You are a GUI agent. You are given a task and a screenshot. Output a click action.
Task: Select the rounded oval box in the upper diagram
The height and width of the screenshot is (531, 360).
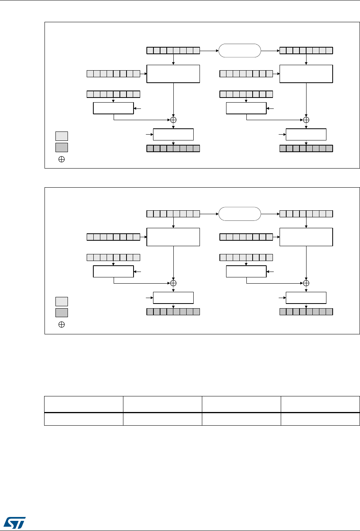pyautogui.click(x=239, y=51)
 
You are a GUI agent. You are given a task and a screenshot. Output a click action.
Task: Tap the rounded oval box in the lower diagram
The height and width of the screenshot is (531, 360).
pyautogui.click(x=239, y=214)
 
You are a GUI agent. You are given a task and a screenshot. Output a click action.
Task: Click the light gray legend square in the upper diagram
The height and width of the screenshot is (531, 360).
pyautogui.click(x=61, y=136)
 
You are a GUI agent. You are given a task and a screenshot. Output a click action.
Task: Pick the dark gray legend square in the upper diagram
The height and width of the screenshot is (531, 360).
pyautogui.click(x=61, y=147)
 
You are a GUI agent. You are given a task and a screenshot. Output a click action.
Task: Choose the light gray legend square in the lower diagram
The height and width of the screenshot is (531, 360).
pyautogui.click(x=61, y=301)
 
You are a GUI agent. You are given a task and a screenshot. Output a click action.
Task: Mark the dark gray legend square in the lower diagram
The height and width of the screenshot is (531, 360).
pyautogui.click(x=61, y=313)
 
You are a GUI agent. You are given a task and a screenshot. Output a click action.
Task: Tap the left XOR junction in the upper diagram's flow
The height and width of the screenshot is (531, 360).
pyautogui.click(x=173, y=120)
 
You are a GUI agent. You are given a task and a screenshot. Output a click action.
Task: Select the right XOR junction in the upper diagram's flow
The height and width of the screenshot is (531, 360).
pyautogui.click(x=306, y=120)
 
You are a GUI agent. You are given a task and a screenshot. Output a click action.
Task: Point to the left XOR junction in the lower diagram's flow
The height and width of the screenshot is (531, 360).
pyautogui.click(x=173, y=283)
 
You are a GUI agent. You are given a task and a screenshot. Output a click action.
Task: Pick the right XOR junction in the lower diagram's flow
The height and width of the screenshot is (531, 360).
pyautogui.click(x=306, y=283)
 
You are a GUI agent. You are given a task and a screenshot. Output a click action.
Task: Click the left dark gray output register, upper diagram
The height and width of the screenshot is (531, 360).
pyautogui.click(x=173, y=148)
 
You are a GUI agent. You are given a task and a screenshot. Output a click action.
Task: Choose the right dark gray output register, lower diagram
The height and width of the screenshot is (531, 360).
pyautogui.click(x=306, y=312)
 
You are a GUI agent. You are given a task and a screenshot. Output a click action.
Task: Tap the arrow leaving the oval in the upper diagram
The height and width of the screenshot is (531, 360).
pyautogui.click(x=270, y=50)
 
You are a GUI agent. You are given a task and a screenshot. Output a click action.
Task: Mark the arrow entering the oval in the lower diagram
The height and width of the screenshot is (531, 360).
pyautogui.click(x=209, y=214)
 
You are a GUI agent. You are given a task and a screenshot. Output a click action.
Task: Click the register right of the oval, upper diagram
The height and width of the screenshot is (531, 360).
pyautogui.click(x=306, y=50)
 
